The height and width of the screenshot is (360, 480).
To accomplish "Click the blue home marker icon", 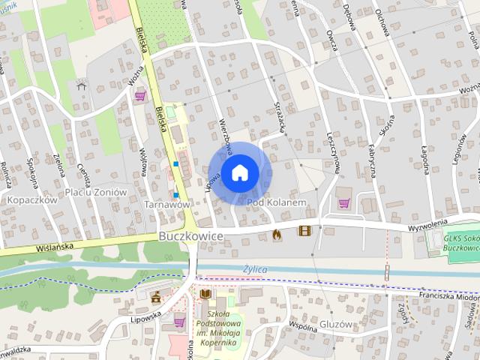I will point(239,172).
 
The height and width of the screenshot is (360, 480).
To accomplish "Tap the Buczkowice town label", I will point(191,235).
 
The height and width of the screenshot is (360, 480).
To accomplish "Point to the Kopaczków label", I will point(31,200).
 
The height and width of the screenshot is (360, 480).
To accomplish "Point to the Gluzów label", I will point(334,325).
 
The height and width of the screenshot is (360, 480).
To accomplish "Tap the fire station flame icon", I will point(277,233).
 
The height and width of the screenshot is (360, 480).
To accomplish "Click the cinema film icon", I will point(304,232).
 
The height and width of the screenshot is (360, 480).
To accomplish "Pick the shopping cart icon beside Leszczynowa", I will point(344,202).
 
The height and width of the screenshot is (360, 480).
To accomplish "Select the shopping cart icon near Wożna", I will point(140,95).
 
